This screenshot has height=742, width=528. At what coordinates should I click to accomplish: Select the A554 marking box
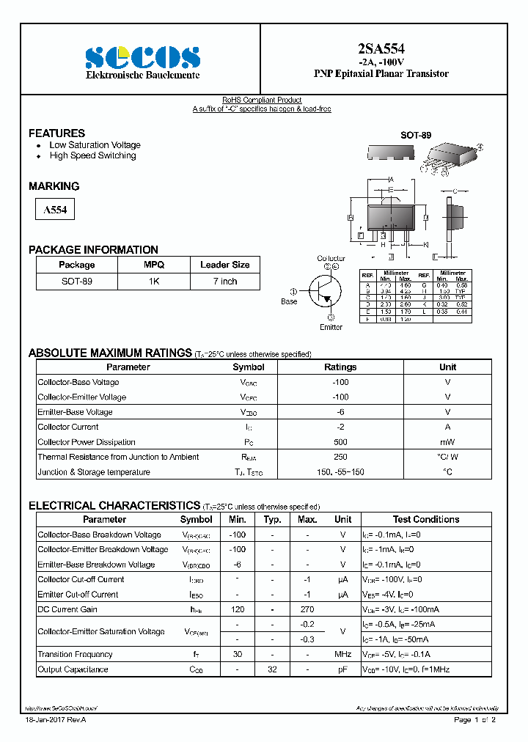55,210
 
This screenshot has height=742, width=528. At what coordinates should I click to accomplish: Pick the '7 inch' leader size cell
224,282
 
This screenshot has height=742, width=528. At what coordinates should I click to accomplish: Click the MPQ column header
154,265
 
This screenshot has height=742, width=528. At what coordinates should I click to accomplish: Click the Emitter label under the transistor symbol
331,327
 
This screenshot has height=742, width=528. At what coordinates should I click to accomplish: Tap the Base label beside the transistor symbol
290,301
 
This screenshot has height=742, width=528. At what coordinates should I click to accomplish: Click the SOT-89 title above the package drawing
415,136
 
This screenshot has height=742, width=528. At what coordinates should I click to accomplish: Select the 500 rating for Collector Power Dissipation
340,442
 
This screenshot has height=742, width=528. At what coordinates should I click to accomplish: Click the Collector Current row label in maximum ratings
69,427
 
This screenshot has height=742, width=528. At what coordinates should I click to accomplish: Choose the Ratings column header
340,367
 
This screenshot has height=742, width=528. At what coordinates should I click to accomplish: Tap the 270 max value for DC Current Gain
307,609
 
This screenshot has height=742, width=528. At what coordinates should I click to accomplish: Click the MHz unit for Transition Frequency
342,654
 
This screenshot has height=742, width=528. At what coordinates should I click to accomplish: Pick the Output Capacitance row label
73,669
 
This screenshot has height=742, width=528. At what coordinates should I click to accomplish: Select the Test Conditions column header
425,519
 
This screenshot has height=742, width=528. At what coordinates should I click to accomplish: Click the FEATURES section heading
56,133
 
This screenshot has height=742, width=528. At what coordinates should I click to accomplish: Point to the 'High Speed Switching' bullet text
92,155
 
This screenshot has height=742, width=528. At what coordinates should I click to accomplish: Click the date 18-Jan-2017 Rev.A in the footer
56,720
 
